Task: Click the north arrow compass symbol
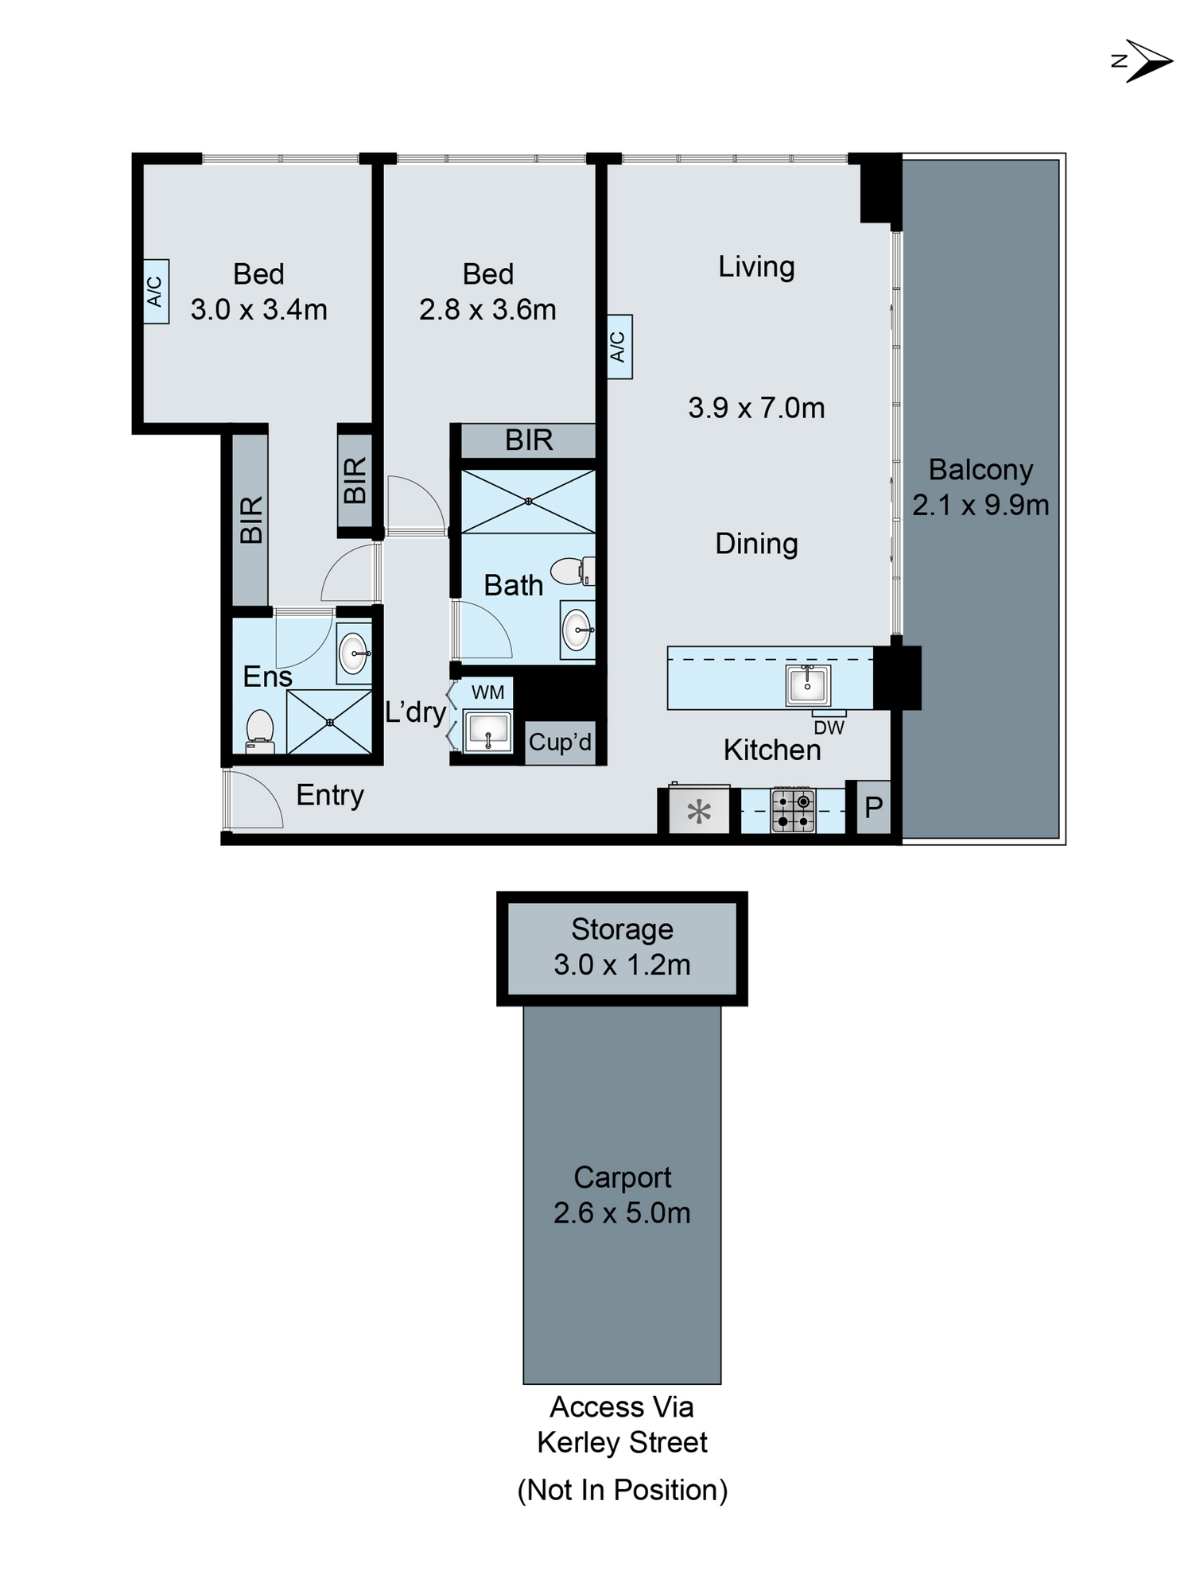tap(1146, 61)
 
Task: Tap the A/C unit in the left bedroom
tap(156, 291)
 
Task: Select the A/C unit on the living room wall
tap(619, 347)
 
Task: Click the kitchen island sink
tap(808, 684)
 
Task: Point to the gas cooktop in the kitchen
tap(794, 810)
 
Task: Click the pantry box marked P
tap(873, 808)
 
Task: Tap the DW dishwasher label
tap(829, 727)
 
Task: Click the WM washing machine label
tap(487, 692)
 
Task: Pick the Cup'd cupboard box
tap(560, 743)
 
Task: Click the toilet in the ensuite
tap(260, 731)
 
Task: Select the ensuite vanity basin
tap(353, 653)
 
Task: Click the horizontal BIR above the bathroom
tap(529, 440)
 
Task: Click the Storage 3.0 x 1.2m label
tap(622, 947)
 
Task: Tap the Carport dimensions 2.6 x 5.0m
tap(622, 1212)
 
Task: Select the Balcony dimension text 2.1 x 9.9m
tap(980, 505)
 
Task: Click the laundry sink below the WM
tap(487, 731)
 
